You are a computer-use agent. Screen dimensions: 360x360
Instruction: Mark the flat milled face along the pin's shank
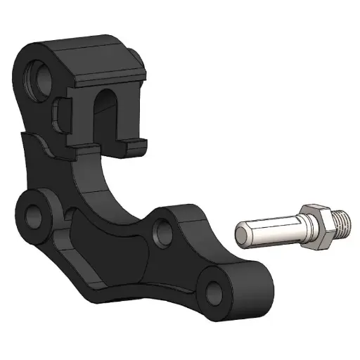click(x=271, y=224)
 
